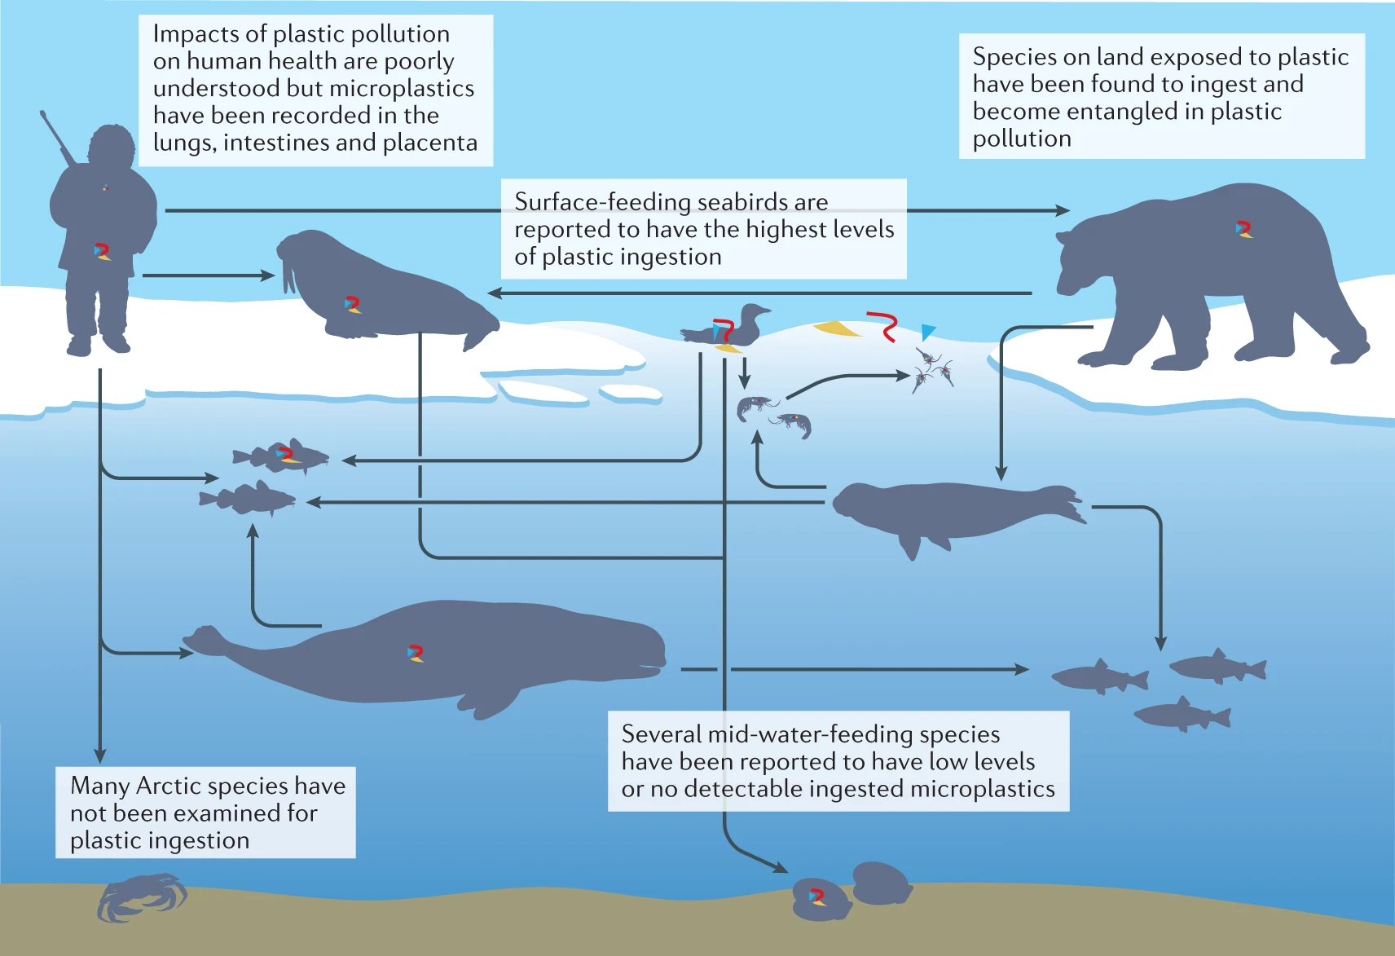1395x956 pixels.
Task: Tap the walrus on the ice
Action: (391, 293)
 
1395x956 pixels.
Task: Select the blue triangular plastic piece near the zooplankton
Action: (927, 331)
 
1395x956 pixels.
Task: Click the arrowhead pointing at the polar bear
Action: (1063, 210)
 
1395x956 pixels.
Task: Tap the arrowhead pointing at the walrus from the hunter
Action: (268, 275)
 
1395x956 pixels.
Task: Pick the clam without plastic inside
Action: (881, 883)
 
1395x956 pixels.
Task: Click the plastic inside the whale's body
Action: (416, 654)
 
